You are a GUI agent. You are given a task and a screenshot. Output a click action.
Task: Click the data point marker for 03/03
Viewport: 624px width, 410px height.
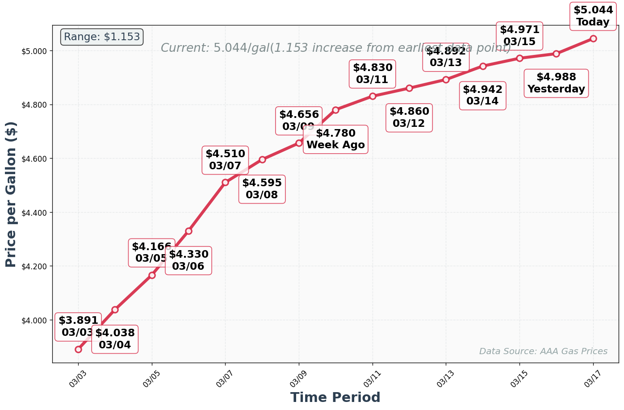pos(78,349)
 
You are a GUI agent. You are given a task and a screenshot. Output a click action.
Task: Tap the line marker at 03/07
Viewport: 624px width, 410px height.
pos(225,182)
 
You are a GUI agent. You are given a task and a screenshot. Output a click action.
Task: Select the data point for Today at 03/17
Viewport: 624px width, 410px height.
pos(593,38)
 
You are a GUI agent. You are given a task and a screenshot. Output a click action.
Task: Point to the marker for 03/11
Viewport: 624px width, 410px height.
pos(373,96)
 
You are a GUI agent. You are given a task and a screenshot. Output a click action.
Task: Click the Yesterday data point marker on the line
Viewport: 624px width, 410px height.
pos(556,54)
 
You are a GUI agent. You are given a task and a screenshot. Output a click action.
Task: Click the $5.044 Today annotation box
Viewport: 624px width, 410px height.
pos(593,17)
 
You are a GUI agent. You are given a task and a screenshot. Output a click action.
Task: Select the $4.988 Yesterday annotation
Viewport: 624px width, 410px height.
pos(556,83)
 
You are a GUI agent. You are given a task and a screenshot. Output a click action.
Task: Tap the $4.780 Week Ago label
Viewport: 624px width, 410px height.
pos(335,139)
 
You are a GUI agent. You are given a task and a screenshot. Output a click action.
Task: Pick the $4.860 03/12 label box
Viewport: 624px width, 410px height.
pos(409,117)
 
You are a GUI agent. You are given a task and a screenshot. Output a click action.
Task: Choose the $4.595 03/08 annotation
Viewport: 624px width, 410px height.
pos(262,189)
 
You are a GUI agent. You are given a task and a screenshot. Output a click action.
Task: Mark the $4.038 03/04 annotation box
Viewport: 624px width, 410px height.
pos(115,339)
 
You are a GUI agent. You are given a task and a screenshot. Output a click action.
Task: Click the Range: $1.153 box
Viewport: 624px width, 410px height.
pos(102,37)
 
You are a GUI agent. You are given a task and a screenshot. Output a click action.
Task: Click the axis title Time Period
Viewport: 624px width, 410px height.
pos(335,397)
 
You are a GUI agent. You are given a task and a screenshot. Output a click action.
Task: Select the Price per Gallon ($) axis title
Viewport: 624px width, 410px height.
pos(11,194)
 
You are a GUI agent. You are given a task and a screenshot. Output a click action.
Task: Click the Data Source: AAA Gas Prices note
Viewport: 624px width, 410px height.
pos(543,351)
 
